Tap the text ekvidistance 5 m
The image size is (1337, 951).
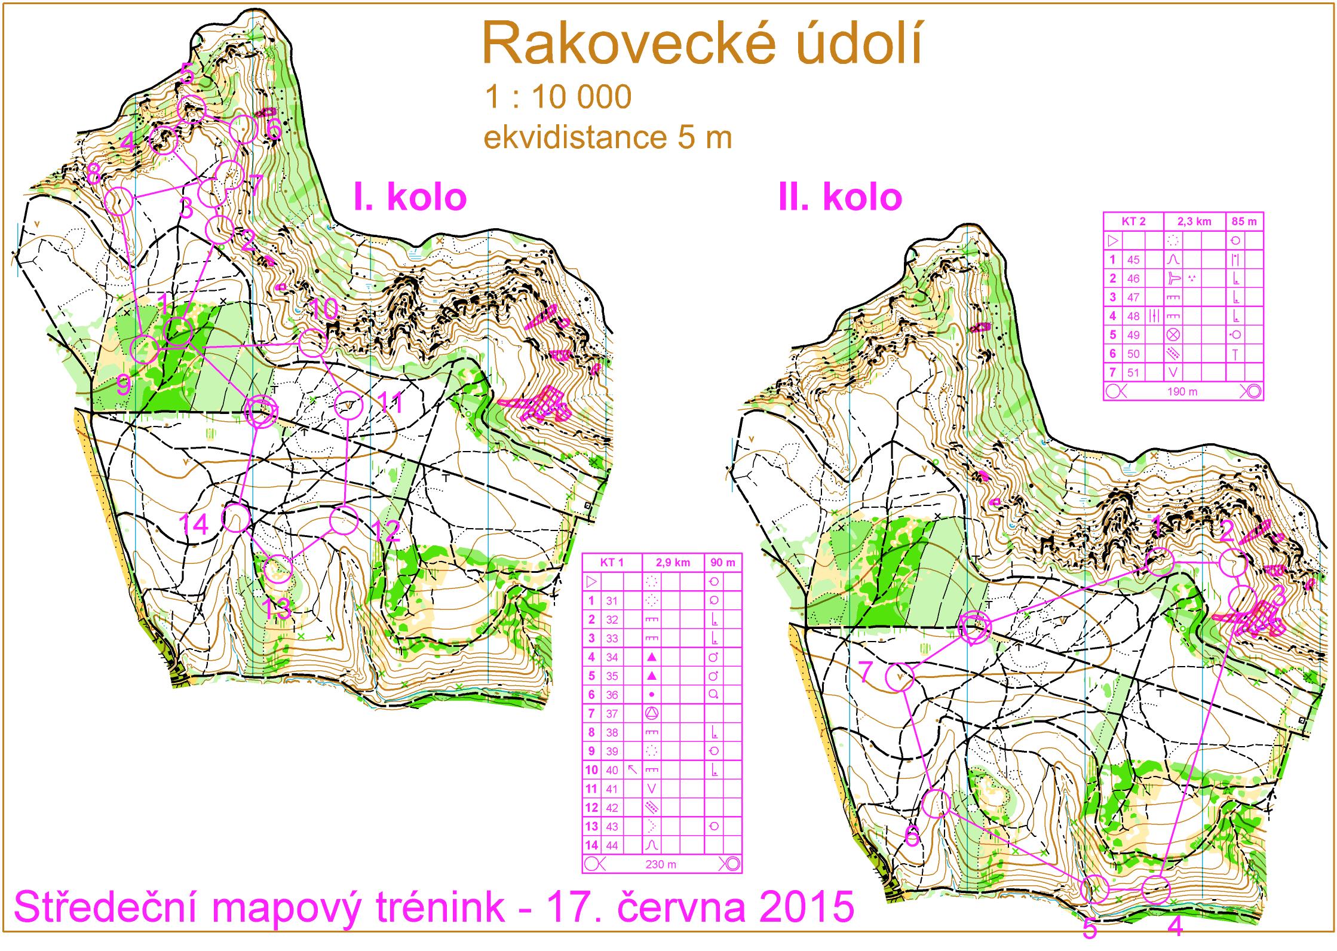point(608,139)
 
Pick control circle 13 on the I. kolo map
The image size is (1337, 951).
point(278,569)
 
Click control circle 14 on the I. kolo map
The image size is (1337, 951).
point(235,517)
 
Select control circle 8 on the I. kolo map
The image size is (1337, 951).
point(119,201)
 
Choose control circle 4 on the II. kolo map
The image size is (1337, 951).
point(1156,906)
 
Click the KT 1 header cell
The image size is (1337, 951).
point(612,562)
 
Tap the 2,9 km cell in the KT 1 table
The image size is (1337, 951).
point(673,562)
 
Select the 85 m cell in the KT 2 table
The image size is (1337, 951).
point(1244,221)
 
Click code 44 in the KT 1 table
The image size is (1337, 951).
point(612,845)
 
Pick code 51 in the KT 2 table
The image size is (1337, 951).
point(1133,372)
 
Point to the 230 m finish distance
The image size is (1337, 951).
point(661,864)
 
